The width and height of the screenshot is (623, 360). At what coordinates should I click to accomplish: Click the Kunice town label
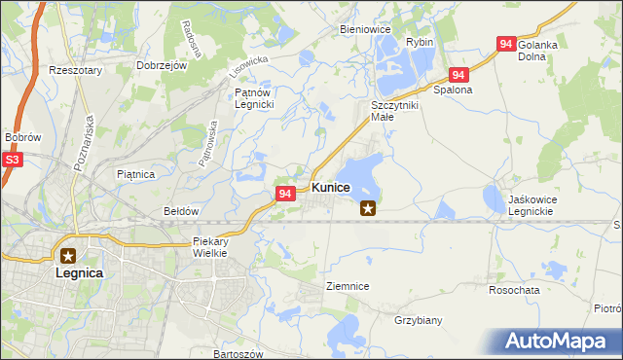coord(330,187)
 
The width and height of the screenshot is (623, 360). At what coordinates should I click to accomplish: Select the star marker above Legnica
coord(68,256)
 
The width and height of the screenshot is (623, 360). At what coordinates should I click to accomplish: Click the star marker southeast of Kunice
coord(368,206)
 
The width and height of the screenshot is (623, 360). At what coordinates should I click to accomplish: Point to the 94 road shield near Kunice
coord(284,195)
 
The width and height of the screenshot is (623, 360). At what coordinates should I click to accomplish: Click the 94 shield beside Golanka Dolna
coord(505,44)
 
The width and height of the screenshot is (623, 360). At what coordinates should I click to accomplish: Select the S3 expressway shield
coord(12,159)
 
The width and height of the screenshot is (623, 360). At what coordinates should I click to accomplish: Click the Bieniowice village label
coord(365,29)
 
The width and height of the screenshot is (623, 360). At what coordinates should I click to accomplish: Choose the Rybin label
coord(420,42)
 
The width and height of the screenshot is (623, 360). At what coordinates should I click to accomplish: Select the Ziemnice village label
coord(347,286)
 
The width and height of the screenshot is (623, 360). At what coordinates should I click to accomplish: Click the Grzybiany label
coord(419,319)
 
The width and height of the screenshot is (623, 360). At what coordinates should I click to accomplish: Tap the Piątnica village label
coord(135,174)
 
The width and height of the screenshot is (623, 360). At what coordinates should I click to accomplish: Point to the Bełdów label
coord(181,210)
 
